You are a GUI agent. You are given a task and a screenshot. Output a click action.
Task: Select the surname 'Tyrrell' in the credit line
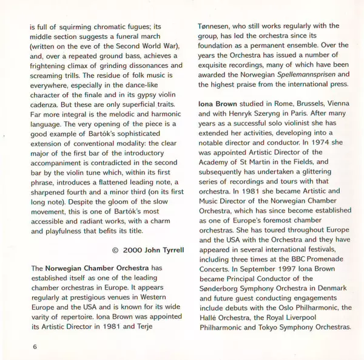tap(169, 250)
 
